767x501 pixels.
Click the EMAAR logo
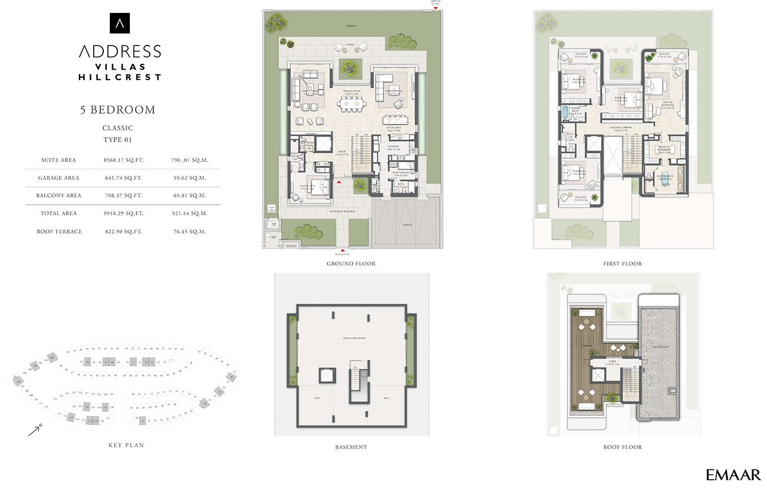(733, 475)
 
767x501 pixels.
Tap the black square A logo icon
(120, 23)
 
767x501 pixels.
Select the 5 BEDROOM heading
(118, 110)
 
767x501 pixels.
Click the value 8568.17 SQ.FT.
(123, 160)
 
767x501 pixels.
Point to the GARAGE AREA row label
(58, 178)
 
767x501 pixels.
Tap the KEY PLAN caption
(126, 445)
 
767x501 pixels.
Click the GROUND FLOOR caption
(351, 264)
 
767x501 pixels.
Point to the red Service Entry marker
(435, 8)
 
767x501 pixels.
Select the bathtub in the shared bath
(565, 112)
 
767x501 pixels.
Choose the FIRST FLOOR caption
(622, 264)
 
